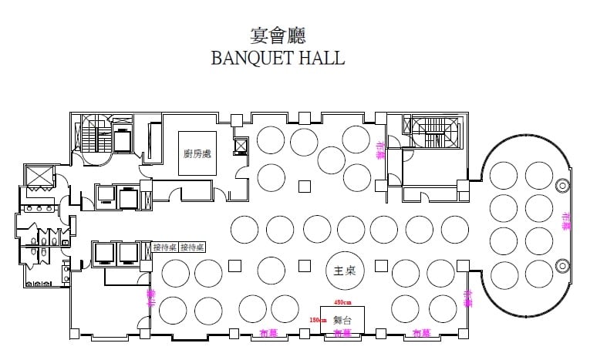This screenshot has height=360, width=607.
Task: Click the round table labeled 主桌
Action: [339, 271]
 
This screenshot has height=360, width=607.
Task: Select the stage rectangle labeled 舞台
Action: [343, 319]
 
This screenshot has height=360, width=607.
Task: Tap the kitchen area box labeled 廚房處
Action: [197, 153]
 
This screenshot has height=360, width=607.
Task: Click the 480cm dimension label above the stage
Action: [342, 302]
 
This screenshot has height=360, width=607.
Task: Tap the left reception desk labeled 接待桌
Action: [166, 247]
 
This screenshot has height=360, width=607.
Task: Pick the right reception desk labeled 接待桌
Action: [192, 247]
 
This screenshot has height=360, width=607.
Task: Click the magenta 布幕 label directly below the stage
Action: [342, 334]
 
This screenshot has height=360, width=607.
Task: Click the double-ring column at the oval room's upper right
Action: [561, 185]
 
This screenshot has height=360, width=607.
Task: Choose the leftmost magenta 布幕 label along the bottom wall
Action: [269, 334]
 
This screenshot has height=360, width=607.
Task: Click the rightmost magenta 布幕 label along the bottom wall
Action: [421, 334]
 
